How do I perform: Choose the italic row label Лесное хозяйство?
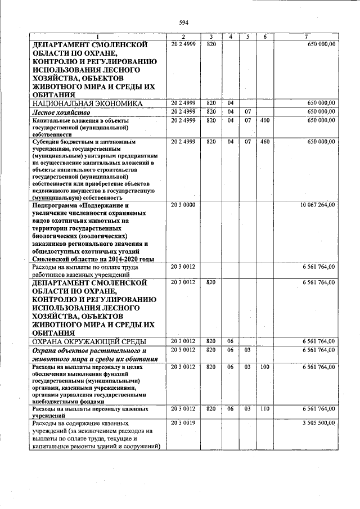[60, 112]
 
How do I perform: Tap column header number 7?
[305, 37]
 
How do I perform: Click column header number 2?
[183, 37]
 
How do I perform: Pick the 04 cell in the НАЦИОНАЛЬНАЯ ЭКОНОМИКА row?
[231, 103]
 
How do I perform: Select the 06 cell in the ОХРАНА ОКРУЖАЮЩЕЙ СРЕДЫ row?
[231, 341]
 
